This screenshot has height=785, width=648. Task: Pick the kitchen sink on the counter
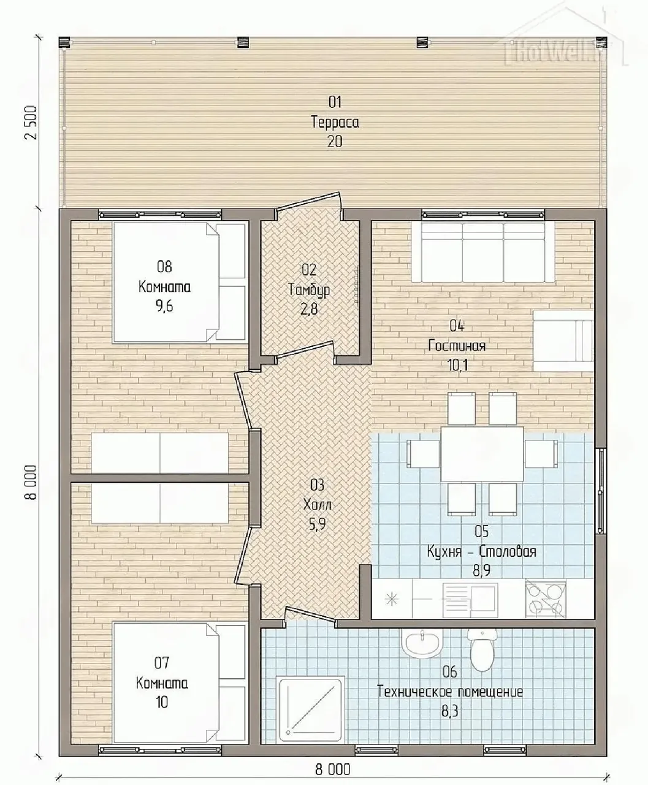pyautogui.click(x=470, y=599)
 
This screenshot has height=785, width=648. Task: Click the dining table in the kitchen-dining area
pyautogui.click(x=482, y=454)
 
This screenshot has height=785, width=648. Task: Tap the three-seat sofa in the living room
pyautogui.click(x=483, y=252)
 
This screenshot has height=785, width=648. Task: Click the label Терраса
pyautogui.click(x=335, y=123)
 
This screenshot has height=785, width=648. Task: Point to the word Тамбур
pyautogui.click(x=309, y=290)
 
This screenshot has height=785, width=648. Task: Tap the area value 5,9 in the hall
pyautogui.click(x=317, y=524)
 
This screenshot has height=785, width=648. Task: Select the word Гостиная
pyautogui.click(x=457, y=346)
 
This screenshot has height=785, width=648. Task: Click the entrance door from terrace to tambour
pyautogui.click(x=308, y=204)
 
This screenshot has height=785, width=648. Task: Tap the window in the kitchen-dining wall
pyautogui.click(x=600, y=491)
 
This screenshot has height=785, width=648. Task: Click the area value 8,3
pyautogui.click(x=449, y=711)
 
